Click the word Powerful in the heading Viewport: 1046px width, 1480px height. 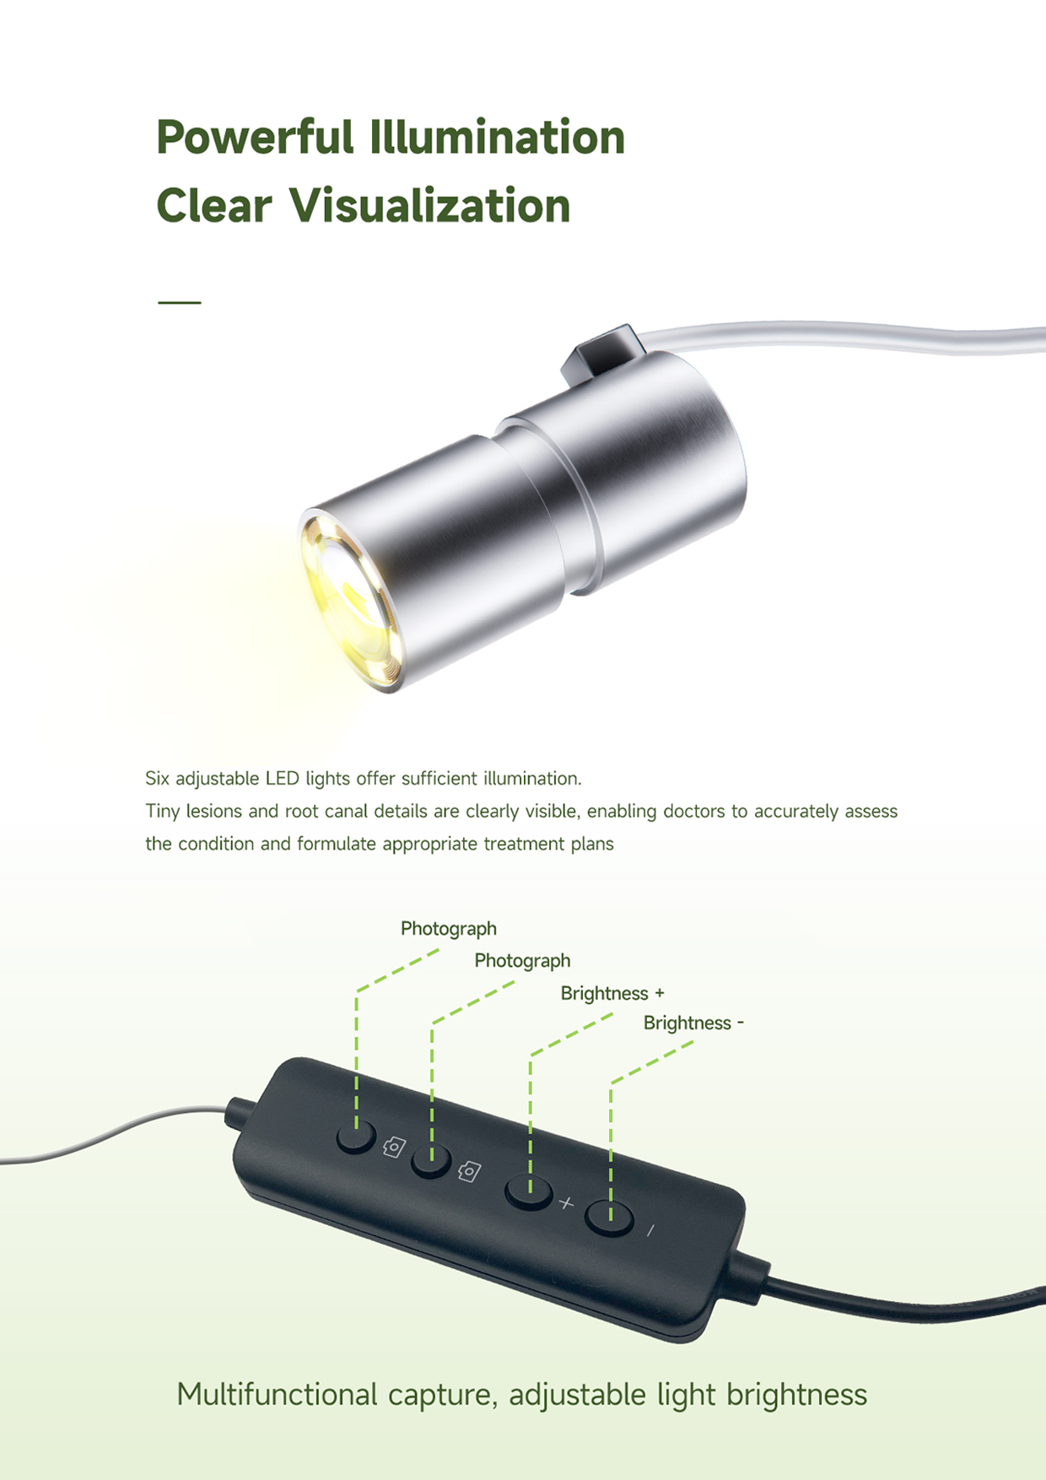(255, 138)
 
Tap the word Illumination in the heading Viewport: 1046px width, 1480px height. (498, 137)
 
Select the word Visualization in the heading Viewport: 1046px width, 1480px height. (430, 206)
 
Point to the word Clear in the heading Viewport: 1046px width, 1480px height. (214, 206)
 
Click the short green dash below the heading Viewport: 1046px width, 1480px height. (180, 302)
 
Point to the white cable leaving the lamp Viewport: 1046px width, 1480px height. (844, 336)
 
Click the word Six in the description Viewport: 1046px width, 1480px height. (158, 778)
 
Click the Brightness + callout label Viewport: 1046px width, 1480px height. (612, 993)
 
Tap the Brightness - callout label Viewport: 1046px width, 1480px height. (693, 1023)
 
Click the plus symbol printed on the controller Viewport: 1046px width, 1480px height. (566, 1202)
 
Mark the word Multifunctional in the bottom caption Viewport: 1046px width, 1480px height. (278, 1394)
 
